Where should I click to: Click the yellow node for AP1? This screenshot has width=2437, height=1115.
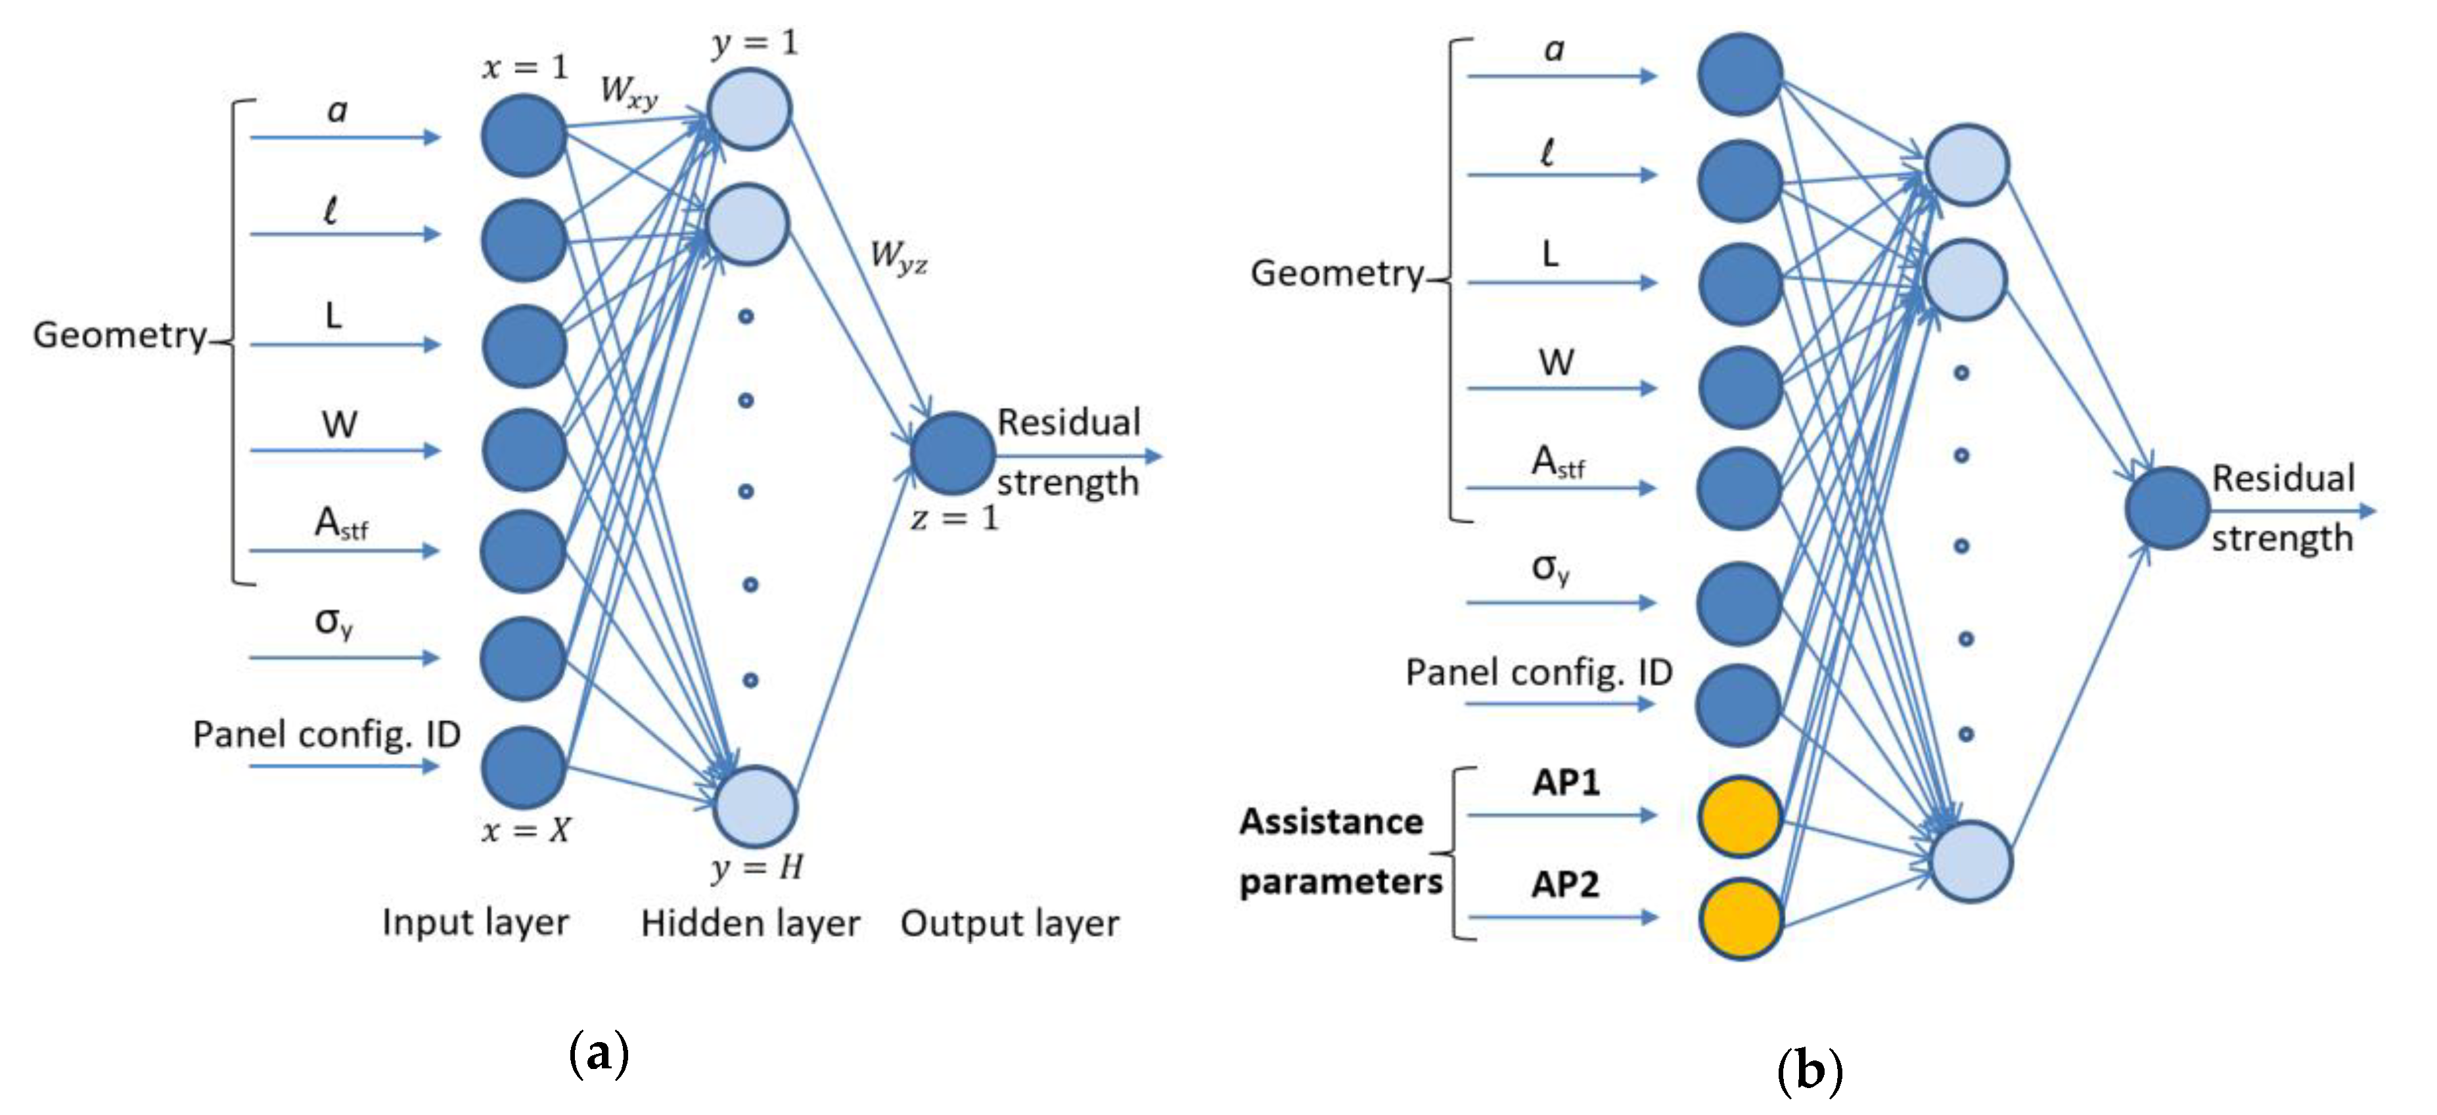(1740, 816)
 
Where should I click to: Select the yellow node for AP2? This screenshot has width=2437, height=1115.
(1740, 919)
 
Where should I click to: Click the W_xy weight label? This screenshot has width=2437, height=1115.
(628, 93)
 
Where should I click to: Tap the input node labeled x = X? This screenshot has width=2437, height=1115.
(523, 767)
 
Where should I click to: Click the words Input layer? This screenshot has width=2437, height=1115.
(475, 922)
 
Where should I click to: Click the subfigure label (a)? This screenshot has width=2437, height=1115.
(598, 1052)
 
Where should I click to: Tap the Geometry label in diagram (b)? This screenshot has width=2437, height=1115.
(1336, 273)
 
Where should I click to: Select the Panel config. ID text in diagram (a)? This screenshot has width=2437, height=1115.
(327, 735)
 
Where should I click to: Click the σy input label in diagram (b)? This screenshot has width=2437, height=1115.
(1549, 568)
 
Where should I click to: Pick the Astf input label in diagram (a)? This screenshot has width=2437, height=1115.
(340, 523)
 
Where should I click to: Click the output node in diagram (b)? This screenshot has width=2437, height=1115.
(2166, 509)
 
